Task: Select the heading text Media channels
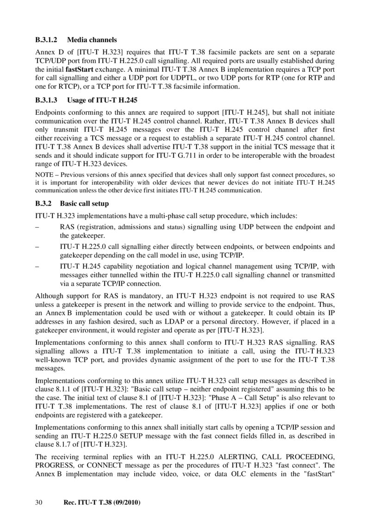click(92, 40)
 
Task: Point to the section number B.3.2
click(45, 204)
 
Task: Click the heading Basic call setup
click(85, 204)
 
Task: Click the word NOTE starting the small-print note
click(44, 175)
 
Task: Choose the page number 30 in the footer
click(39, 503)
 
